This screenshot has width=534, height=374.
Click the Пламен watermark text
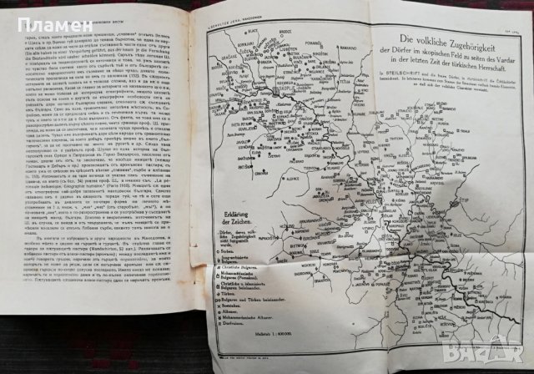click(31, 17)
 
